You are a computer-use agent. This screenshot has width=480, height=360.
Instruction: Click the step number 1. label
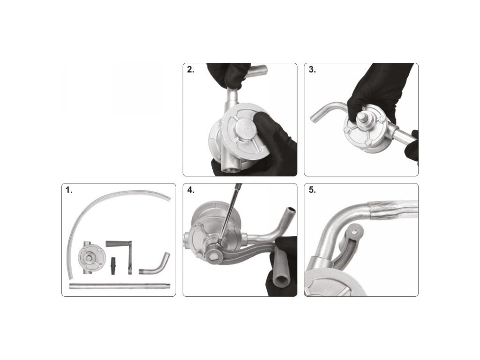click(69, 190)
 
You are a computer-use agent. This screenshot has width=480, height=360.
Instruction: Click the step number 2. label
click(190, 69)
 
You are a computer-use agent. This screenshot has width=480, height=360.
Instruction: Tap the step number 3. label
click(312, 69)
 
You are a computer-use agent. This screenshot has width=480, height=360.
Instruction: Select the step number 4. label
click(190, 190)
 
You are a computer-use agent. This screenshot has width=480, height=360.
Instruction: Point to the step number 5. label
click(312, 190)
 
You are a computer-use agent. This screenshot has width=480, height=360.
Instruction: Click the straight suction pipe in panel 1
click(120, 286)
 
